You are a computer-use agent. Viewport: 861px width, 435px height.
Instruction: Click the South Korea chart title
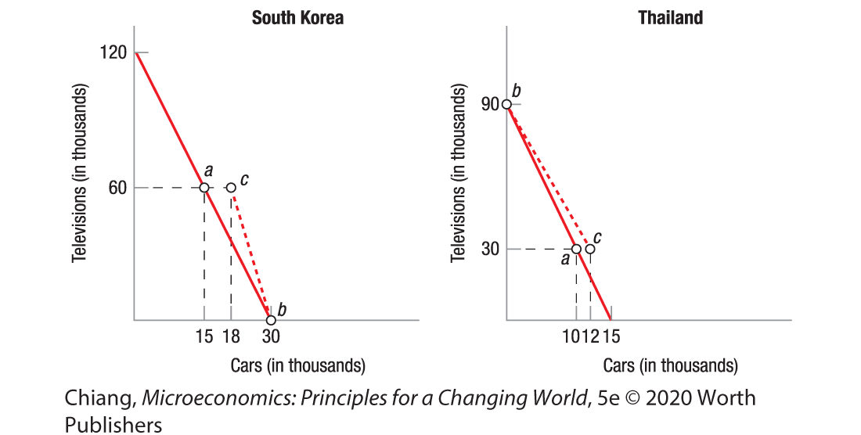297,17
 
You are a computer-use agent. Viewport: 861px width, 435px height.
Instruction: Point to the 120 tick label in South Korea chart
114,52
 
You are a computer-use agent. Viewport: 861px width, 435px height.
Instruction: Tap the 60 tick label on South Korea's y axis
118,188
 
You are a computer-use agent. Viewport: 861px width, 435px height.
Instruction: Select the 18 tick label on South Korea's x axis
231,337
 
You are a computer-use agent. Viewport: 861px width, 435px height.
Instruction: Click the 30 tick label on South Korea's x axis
271,337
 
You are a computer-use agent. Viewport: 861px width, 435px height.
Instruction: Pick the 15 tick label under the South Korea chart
204,337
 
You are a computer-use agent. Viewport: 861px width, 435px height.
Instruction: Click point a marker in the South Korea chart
204,188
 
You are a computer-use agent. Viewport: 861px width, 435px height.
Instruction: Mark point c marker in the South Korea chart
231,188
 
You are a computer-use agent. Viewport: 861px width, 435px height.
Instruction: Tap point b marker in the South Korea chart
271,320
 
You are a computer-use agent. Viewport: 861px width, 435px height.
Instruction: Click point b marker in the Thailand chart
507,104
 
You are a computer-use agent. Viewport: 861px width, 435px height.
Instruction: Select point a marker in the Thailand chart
576,249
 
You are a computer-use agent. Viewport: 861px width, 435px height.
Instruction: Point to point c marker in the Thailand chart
589,249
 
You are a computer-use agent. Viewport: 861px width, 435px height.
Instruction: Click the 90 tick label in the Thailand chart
490,105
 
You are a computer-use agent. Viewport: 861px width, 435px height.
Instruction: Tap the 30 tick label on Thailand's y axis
490,249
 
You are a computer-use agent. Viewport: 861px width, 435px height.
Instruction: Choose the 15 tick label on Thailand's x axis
611,337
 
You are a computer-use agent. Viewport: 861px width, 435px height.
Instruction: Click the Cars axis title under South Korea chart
297,365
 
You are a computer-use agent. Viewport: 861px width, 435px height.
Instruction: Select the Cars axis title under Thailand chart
670,365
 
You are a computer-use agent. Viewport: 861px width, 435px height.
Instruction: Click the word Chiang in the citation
99,398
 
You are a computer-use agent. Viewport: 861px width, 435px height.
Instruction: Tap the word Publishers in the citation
113,424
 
